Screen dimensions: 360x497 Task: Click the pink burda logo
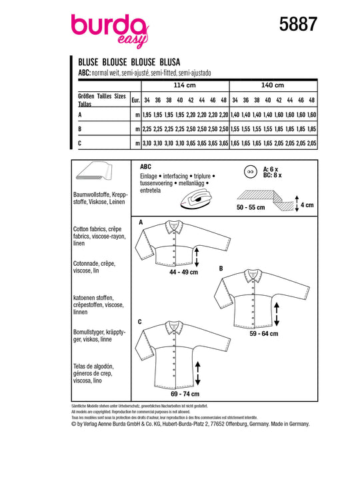110,31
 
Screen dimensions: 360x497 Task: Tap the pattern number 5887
298,25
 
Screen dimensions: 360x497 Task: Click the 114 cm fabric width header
185,85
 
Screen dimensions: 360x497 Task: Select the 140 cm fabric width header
273,85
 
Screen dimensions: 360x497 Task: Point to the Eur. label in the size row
135,100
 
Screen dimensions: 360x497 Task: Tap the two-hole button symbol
251,173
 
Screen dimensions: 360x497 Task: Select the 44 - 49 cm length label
183,272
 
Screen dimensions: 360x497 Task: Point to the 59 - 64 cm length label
264,334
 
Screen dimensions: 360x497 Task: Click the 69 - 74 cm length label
185,394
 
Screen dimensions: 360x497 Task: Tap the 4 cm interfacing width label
307,205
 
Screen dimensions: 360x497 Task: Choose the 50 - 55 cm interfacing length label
251,207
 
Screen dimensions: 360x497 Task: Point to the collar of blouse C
174,327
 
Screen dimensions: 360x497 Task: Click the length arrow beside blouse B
277,314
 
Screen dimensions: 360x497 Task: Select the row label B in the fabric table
80,129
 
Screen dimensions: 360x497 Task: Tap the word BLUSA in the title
170,62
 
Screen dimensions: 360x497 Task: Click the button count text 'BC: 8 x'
273,175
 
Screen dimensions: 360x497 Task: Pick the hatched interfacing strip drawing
266,200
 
